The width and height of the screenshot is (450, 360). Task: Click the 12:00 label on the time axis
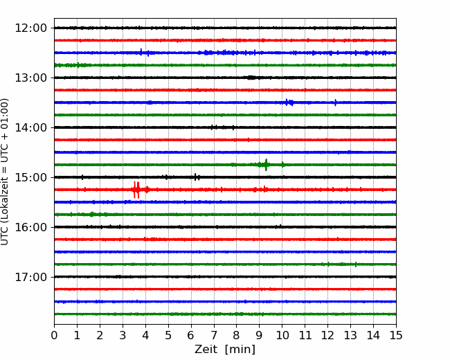(30, 28)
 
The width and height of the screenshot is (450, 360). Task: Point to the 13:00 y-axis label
(30, 78)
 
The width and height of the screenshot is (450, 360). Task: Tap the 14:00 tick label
(30, 127)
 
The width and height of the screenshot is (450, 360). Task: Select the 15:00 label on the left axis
(30, 177)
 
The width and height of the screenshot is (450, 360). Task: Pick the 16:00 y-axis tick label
(30, 227)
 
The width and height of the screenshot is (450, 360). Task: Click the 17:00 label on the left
(30, 277)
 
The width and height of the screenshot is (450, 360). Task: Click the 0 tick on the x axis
(54, 335)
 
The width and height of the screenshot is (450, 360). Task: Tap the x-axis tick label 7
(214, 335)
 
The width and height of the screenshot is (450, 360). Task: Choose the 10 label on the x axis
(282, 335)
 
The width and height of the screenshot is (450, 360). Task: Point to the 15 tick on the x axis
(396, 335)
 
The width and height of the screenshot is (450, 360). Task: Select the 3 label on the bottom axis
(123, 335)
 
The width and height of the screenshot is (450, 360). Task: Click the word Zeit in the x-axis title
(206, 350)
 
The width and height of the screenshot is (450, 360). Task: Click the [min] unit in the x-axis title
(240, 350)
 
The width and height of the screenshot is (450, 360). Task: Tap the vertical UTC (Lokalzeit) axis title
(5, 172)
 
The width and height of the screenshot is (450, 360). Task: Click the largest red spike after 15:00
(136, 190)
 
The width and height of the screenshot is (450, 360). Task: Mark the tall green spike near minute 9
(266, 165)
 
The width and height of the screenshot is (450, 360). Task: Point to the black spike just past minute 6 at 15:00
(195, 177)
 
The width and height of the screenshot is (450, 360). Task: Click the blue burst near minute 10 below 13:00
(289, 102)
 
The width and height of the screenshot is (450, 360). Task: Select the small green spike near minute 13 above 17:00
(356, 264)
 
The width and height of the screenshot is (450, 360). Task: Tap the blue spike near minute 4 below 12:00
(141, 52)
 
